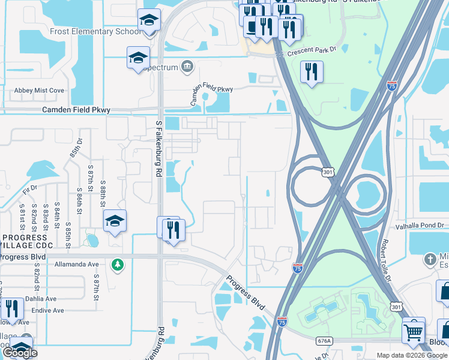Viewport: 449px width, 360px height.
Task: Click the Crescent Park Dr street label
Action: pos(311,53)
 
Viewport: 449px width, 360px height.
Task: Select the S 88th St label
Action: pos(103,191)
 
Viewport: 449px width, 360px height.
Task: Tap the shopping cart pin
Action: pos(414,331)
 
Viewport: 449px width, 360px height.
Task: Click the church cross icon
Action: pos(429,260)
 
